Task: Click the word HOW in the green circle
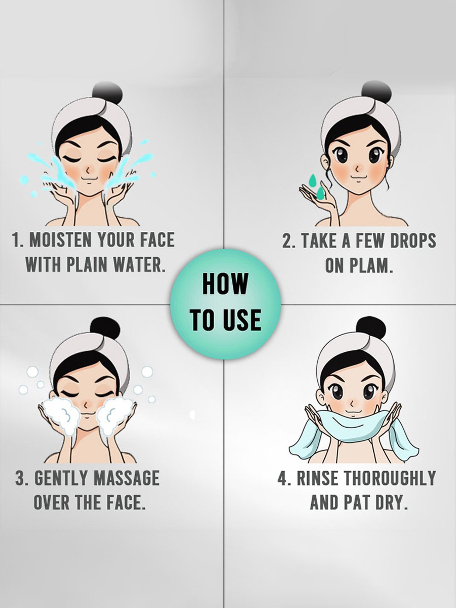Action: (225, 283)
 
